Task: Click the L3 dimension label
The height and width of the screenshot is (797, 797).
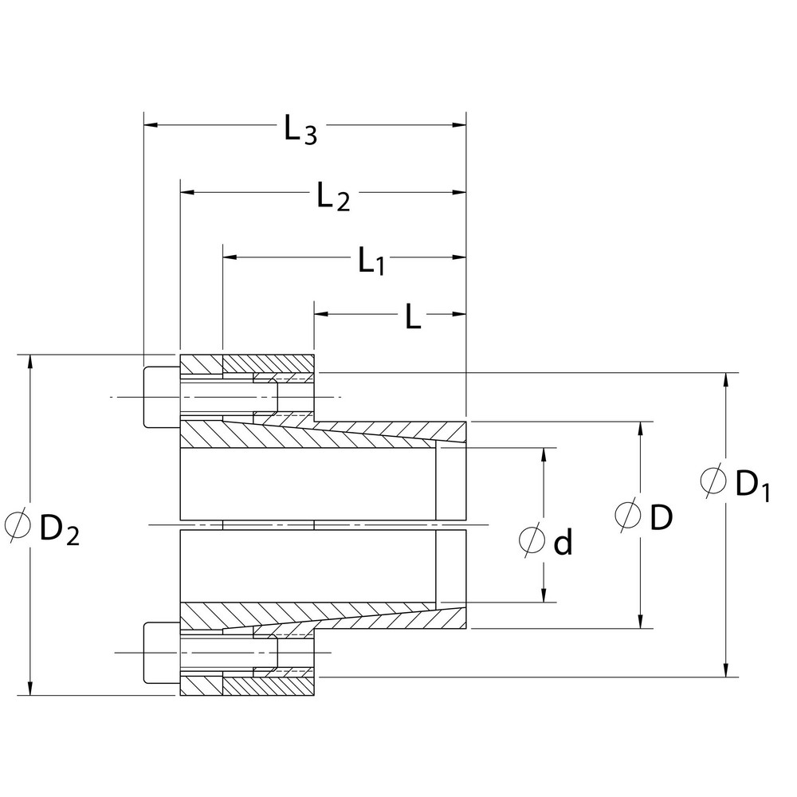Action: [x=301, y=130]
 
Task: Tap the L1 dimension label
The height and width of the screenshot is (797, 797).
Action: [x=371, y=261]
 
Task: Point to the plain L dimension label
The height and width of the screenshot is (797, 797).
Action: [x=412, y=318]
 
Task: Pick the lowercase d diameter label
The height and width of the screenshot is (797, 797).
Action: [x=563, y=543]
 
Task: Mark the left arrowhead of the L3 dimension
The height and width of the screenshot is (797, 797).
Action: [x=151, y=125]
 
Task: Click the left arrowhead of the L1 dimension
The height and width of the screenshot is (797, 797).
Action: [x=230, y=257]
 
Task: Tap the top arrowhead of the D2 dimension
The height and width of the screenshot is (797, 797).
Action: [x=29, y=362]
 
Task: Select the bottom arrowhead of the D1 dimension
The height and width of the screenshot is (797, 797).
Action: [x=725, y=669]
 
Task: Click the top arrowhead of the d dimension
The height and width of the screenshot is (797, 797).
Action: [x=544, y=454]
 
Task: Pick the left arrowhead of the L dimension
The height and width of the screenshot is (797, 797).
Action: [x=321, y=314]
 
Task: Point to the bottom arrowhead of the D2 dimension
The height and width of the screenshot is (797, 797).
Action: [x=29, y=688]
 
